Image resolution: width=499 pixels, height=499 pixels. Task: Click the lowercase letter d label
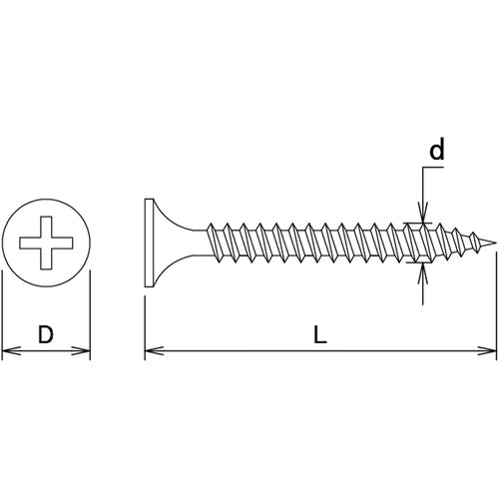click(x=436, y=151)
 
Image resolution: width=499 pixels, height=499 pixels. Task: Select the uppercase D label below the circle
click(x=45, y=335)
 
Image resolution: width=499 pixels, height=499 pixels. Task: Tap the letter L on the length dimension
click(x=319, y=336)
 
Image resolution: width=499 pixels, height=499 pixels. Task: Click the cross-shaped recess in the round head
click(x=46, y=243)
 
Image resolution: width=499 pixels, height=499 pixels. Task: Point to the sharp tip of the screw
click(x=495, y=244)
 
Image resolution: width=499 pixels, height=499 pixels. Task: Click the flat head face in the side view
click(x=146, y=244)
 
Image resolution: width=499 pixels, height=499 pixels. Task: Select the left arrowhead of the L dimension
click(x=152, y=350)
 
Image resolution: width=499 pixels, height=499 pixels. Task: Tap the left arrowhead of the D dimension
click(x=8, y=350)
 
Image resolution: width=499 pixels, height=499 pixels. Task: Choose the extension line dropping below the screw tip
click(x=496, y=309)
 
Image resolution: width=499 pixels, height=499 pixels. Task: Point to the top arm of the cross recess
click(x=46, y=226)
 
